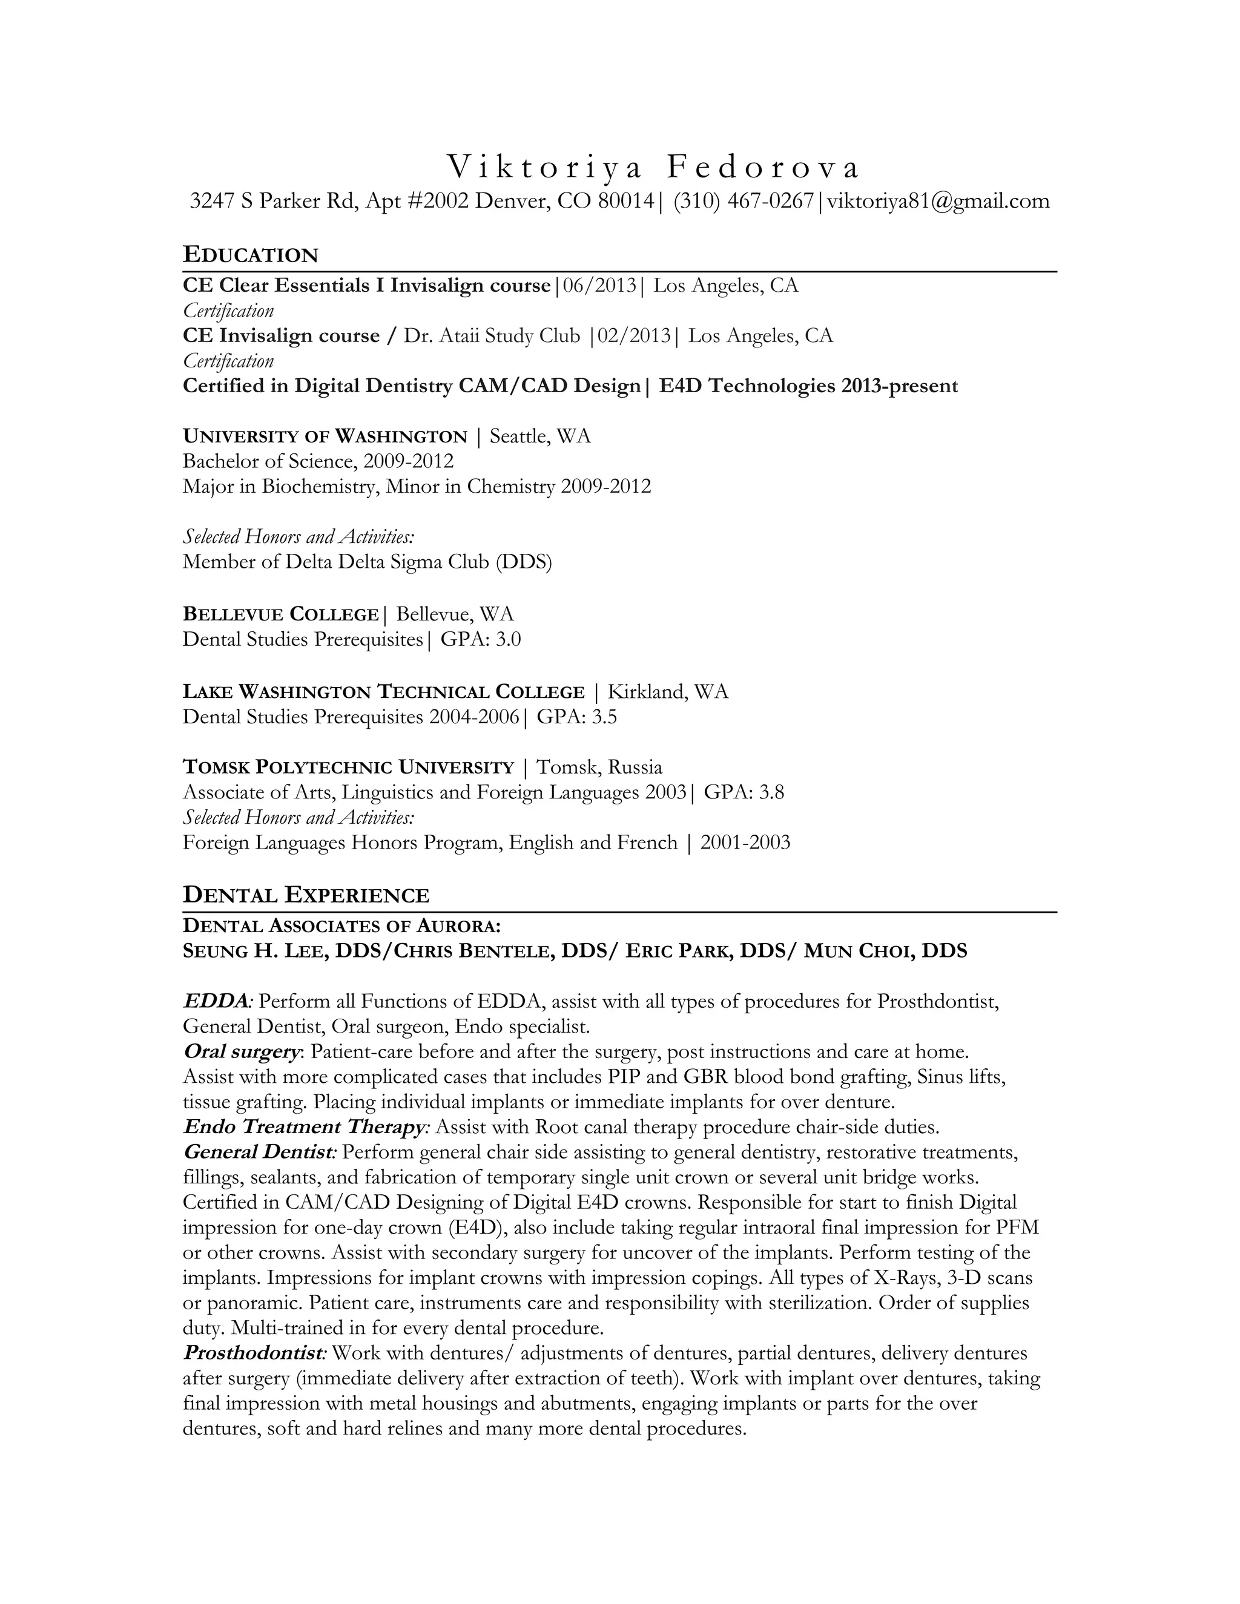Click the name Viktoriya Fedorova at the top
pos(652,168)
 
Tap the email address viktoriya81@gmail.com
pos(938,200)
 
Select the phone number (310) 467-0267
pos(743,200)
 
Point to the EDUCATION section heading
pos(251,255)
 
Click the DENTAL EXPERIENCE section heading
pos(306,895)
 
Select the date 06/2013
pos(599,285)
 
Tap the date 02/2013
pos(633,336)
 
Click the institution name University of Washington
pos(325,436)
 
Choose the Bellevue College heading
pos(280,614)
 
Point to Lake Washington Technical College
pos(383,692)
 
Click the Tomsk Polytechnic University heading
pos(348,767)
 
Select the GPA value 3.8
pos(771,792)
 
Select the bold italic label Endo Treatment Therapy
pos(303,1126)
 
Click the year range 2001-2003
pos(745,843)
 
